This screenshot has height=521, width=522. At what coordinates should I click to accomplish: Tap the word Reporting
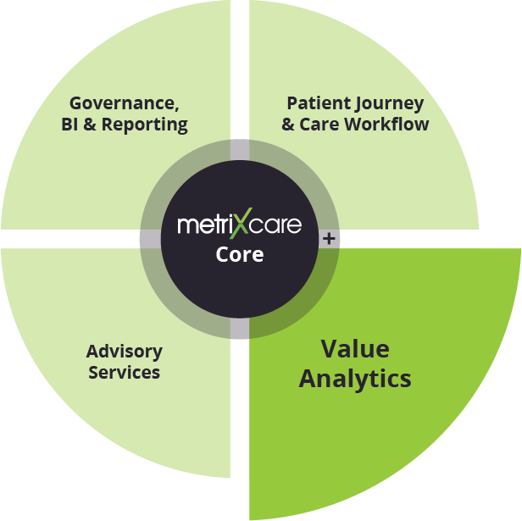click(151, 125)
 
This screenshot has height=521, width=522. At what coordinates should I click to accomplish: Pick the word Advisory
click(124, 352)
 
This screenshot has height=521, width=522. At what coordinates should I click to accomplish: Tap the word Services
click(124, 372)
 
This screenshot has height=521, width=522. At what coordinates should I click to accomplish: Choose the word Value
click(354, 349)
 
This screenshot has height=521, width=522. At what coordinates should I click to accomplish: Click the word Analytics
click(354, 378)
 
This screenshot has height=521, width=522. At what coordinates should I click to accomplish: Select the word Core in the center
click(240, 254)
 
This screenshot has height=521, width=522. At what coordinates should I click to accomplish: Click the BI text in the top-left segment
click(69, 125)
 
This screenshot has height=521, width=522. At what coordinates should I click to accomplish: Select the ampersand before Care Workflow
click(288, 125)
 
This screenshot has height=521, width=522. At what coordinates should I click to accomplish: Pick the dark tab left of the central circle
click(150, 240)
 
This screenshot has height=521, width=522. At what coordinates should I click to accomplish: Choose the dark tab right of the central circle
click(330, 240)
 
